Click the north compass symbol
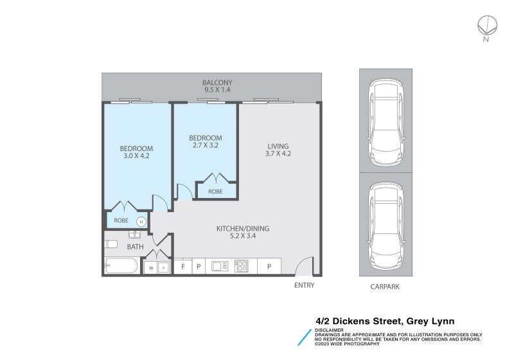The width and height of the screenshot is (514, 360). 486,26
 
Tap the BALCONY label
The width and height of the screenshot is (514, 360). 217,82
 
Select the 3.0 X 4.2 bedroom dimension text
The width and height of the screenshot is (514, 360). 136,156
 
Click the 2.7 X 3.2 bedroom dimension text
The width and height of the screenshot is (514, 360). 205,145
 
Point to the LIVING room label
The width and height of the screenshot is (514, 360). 278,146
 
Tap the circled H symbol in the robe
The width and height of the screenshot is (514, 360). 141,221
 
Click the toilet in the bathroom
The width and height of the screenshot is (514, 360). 111,244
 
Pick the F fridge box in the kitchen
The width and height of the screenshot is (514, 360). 183,266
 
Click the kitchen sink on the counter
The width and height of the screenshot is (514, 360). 218,266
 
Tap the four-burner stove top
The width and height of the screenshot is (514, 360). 242,266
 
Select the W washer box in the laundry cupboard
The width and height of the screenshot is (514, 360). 151,267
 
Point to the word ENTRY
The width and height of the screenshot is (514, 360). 304,285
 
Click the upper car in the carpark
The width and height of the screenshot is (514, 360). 385,122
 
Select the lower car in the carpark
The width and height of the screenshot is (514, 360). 385,226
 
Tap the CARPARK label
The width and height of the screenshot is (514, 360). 385,287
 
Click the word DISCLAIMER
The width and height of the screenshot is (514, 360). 330,330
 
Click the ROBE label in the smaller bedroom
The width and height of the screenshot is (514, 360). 215,192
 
